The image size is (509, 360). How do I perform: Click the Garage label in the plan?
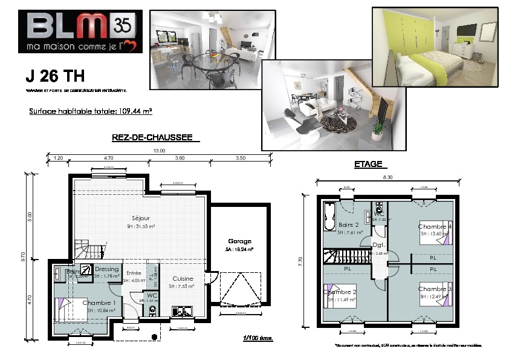pyautogui.click(x=239, y=240)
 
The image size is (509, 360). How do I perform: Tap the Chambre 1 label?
pyautogui.click(x=99, y=303)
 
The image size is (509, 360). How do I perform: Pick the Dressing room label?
pyautogui.click(x=107, y=269)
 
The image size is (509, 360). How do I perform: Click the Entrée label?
pyautogui.click(x=134, y=273)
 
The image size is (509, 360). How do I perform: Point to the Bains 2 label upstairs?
pyautogui.click(x=349, y=224)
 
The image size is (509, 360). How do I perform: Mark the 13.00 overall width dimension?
pyautogui.click(x=158, y=150)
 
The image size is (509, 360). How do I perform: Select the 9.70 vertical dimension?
pyautogui.click(x=24, y=257)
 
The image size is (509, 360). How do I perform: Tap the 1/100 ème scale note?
pyautogui.click(x=258, y=338)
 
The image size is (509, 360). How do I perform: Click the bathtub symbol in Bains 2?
pyautogui.click(x=329, y=217)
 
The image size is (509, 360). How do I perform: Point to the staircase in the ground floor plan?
pyautogui.click(x=90, y=250)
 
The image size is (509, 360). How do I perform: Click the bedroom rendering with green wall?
pyautogui.click(x=435, y=47)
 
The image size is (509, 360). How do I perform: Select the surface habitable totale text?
pyautogui.click(x=90, y=111)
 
